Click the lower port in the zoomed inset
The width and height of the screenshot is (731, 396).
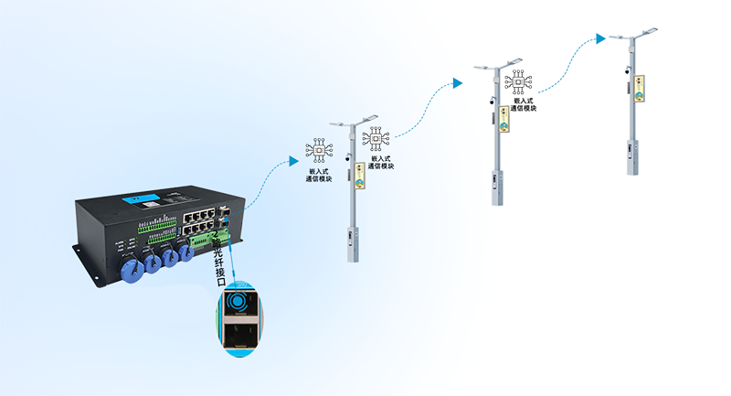pos(238,336)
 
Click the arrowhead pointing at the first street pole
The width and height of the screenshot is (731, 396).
pos(293,161)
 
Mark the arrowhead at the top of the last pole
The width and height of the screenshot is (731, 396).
pos(600,38)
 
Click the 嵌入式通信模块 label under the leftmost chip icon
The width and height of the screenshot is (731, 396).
pos(320,174)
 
